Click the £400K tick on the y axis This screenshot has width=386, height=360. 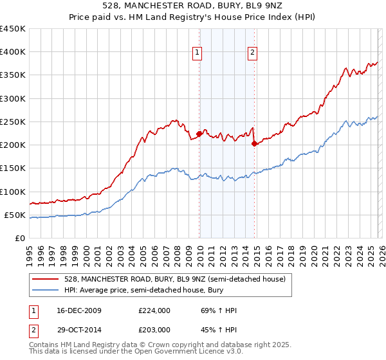13,52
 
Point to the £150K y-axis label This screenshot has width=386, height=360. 13,168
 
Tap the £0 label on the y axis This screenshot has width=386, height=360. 20,238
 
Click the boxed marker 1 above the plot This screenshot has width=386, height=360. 196,53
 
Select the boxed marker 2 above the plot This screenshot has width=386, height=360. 253,53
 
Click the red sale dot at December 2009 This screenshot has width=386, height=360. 199,134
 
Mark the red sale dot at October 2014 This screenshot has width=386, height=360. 254,143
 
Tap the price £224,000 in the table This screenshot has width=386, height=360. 154,310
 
